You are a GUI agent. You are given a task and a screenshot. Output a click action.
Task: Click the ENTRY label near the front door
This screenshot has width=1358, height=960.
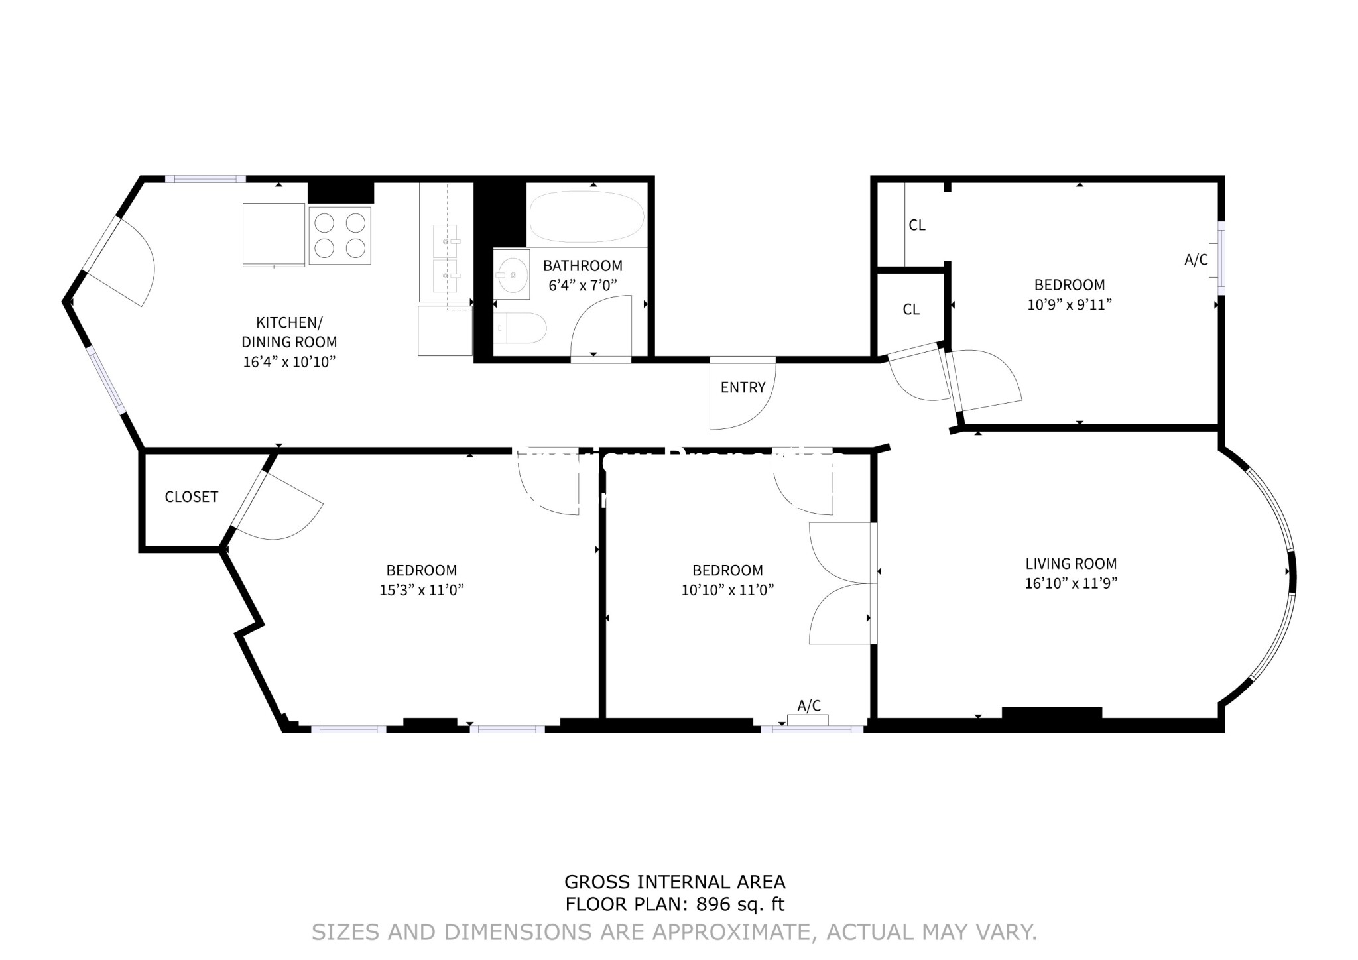pos(743,387)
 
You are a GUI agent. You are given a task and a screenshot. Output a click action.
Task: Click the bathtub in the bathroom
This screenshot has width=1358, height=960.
pos(586,217)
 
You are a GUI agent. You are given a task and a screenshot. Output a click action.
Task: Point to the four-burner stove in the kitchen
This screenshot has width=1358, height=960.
pos(339,235)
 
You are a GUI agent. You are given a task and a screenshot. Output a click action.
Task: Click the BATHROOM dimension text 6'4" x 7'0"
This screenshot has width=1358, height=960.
pos(583,286)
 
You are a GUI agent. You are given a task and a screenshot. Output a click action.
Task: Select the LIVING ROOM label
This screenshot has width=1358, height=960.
pos(1071,564)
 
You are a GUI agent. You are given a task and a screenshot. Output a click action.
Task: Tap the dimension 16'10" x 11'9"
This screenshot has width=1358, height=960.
pos(1071,583)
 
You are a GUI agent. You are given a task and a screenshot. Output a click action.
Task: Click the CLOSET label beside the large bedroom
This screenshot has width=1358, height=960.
pos(191,497)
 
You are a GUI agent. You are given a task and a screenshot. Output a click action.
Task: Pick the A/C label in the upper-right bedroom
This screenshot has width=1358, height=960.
pos(1196,260)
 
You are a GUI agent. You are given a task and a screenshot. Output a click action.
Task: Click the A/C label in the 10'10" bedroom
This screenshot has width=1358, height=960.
pos(809,706)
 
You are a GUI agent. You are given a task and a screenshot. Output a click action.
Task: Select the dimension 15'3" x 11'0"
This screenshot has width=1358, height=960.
pos(421,590)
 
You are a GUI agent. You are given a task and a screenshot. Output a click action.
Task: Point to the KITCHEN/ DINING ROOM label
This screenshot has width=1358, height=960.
pos(289,331)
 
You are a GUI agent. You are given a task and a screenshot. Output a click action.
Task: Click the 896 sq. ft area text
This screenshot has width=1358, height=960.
pos(740,904)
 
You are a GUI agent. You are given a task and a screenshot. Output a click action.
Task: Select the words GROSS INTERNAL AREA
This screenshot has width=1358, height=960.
pos(674,882)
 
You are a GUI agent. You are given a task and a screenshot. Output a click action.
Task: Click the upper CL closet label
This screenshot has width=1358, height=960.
pos(916,225)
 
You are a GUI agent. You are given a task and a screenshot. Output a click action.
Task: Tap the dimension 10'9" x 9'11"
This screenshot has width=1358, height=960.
pos(1069,305)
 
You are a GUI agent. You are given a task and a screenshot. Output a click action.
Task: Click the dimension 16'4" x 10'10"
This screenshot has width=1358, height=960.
pos(289,362)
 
